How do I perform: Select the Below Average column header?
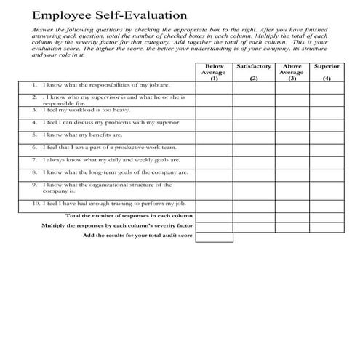pyautogui.click(x=214, y=72)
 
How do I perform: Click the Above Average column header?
pyautogui.click(x=292, y=72)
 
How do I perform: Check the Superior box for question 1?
pyautogui.click(x=327, y=85)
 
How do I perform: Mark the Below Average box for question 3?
pyautogui.click(x=214, y=110)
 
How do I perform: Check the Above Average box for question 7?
pyautogui.click(x=292, y=160)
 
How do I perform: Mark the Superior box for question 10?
pyautogui.click(x=327, y=205)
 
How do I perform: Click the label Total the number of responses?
pyautogui.click(x=129, y=216)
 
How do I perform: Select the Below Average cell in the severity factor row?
pyautogui.click(x=214, y=226)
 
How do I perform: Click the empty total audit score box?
pyautogui.click(x=214, y=236)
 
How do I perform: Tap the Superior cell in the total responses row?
pyautogui.click(x=327, y=216)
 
